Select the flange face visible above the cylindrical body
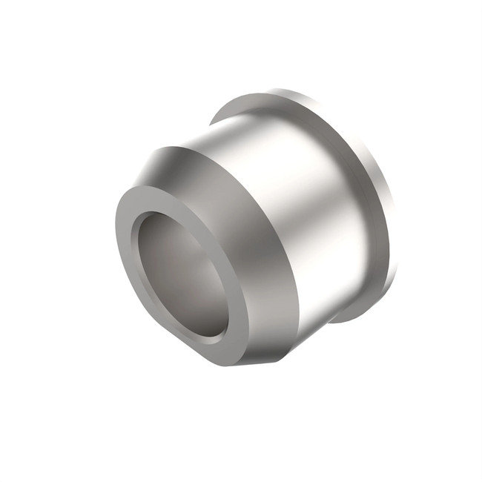(x=297, y=104)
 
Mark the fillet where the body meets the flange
(x=356, y=185)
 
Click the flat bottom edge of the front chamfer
(x=260, y=362)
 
